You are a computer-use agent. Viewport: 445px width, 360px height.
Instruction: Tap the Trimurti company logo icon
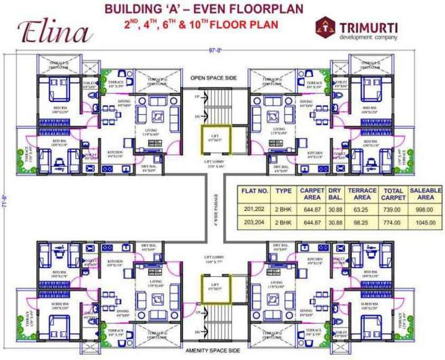coord(323,27)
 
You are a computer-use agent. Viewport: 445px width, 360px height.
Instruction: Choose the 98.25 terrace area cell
coord(361,223)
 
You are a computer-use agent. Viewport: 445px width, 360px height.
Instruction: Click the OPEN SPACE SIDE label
coord(214,78)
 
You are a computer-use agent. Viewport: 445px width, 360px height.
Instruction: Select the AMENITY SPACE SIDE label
coord(214,350)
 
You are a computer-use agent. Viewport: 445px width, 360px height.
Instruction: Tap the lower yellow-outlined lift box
coord(214,289)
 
